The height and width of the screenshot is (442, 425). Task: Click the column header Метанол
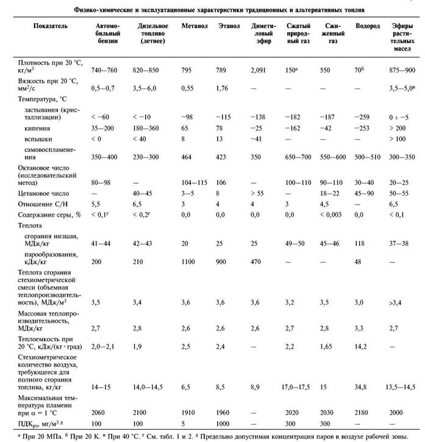(194, 28)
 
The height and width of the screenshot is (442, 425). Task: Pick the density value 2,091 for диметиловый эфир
(260, 71)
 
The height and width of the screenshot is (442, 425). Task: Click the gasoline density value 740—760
(104, 71)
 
